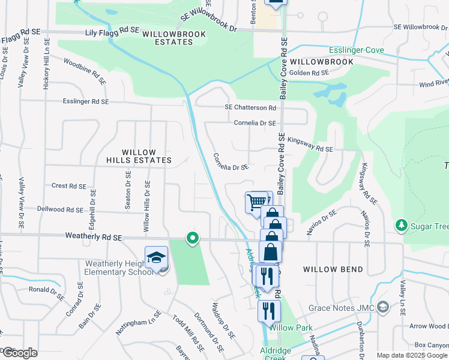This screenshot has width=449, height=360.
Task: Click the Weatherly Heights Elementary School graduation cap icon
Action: click(156, 258)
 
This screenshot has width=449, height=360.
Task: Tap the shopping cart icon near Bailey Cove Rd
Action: click(256, 201)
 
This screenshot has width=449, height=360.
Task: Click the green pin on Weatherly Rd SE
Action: click(193, 238)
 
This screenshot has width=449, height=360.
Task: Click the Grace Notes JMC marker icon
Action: click(382, 308)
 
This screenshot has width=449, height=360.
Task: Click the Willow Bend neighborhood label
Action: click(333, 269)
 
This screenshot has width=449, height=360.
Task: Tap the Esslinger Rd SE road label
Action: click(86, 102)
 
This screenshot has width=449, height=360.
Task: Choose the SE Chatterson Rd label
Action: click(250, 108)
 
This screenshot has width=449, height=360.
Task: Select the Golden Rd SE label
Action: click(309, 73)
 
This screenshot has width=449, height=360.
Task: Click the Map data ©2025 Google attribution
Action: click(412, 355)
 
